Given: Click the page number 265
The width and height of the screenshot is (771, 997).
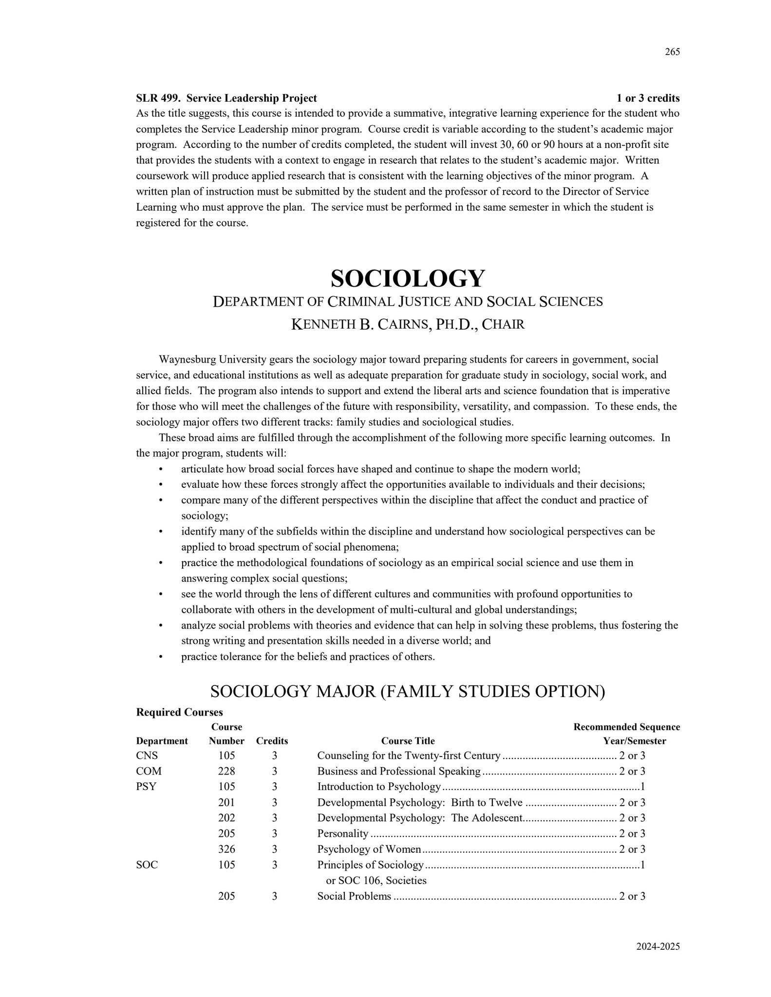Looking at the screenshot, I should pyautogui.click(x=672, y=52).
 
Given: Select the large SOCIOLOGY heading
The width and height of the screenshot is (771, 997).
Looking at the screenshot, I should pyautogui.click(x=408, y=278).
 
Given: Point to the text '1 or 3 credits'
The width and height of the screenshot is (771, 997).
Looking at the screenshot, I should pyautogui.click(x=648, y=98).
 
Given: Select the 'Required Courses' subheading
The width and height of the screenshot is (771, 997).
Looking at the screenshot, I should pyautogui.click(x=179, y=712).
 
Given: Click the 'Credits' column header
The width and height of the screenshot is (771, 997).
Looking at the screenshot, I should pyautogui.click(x=272, y=741).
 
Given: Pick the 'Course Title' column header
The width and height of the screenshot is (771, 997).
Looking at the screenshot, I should pyautogui.click(x=408, y=741).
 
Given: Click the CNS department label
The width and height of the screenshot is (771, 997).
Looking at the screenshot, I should pyautogui.click(x=147, y=756).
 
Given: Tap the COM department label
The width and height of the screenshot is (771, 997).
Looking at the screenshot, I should pyautogui.click(x=149, y=771).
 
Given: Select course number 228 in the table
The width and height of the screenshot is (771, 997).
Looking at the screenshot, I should pyautogui.click(x=226, y=771).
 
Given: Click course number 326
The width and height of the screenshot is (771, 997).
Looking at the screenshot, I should pyautogui.click(x=226, y=849).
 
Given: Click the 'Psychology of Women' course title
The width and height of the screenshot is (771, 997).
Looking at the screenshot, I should pyautogui.click(x=369, y=849).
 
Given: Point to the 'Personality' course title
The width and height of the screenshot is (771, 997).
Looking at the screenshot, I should pyautogui.click(x=342, y=833).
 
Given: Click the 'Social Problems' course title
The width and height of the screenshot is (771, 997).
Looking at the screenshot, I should pyautogui.click(x=354, y=896).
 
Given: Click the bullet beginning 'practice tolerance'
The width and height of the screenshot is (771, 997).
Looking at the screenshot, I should pyautogui.click(x=307, y=657).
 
